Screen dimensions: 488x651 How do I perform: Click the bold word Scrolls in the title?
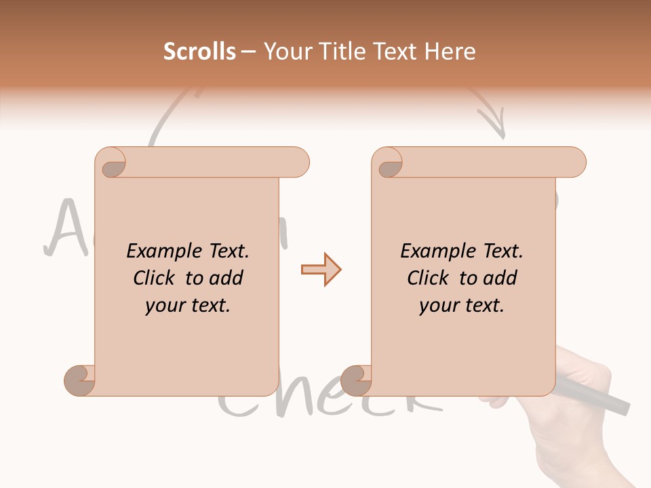(x=199, y=52)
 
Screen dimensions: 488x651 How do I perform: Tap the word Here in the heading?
(x=450, y=52)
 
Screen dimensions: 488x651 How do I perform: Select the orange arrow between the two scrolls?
(x=321, y=270)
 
